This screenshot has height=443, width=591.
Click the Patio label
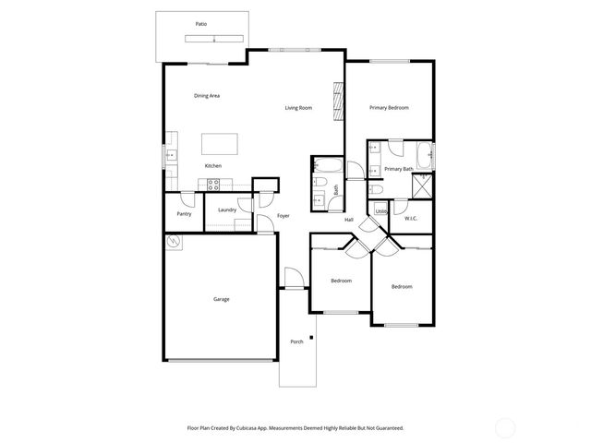tap(200, 24)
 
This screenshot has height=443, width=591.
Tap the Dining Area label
tap(206, 96)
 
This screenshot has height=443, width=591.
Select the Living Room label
tap(298, 108)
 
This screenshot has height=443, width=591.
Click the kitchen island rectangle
tap(219, 143)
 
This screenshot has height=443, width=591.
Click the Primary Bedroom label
tap(390, 108)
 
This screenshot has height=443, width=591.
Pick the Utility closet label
tap(380, 211)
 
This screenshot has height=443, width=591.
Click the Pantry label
tap(184, 214)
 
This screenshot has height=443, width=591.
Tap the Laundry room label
tap(227, 210)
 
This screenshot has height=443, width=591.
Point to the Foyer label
tap(283, 216)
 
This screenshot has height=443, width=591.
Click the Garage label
tap(222, 299)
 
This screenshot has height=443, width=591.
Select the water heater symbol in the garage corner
tap(174, 242)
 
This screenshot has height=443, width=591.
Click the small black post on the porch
tap(311, 338)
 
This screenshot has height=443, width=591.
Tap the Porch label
tap(296, 342)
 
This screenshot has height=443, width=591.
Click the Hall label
tap(349, 220)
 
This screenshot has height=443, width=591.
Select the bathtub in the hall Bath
tap(326, 166)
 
